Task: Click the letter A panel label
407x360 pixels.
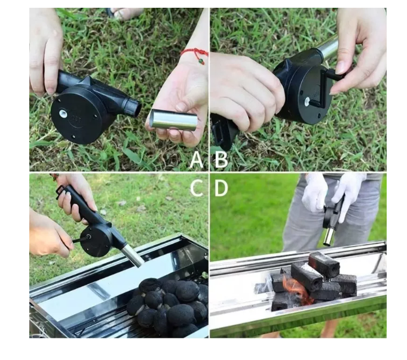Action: pyautogui.click(x=196, y=159)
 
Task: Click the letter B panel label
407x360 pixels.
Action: pyautogui.click(x=221, y=159)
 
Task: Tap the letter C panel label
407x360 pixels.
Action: pyautogui.click(x=196, y=188)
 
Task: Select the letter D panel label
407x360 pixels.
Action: pyautogui.click(x=221, y=188)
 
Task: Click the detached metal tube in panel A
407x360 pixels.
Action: pyautogui.click(x=173, y=119)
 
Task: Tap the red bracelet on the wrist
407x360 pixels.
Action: pyautogui.click(x=195, y=54)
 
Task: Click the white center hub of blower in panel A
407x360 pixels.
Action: pyautogui.click(x=63, y=113)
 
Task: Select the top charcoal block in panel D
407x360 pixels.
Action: pyautogui.click(x=323, y=263)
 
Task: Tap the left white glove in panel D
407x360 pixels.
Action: pyautogui.click(x=314, y=192)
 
